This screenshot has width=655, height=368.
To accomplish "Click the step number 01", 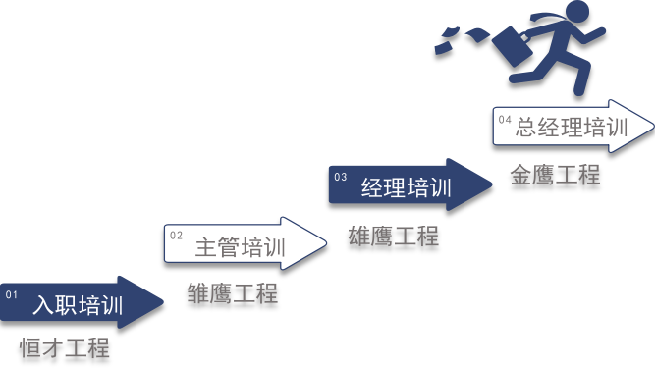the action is pos(11,295).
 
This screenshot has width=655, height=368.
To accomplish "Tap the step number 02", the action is pos(177,236).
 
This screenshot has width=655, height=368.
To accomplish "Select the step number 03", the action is pos(341,177).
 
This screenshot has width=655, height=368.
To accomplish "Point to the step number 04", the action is pos(505,120).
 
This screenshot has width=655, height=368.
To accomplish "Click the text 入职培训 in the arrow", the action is pos(78,304).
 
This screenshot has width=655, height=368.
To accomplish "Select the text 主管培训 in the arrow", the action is pos(241,246).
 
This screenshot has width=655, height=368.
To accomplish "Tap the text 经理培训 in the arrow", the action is pos(407,186).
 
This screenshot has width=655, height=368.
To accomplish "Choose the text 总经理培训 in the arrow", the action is pos(572,127).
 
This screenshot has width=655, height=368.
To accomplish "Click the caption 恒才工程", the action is pos(65,347).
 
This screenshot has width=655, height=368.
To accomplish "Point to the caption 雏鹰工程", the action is pos(233,292).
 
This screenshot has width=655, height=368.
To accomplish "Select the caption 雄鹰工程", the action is pos(394,236).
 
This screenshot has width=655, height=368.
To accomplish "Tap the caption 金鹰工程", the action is pos(555,175).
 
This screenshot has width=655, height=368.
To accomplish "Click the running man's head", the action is pos(576,13).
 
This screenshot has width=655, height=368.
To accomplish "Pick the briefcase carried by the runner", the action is pos(513,46).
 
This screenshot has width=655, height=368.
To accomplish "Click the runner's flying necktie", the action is pos(547,19).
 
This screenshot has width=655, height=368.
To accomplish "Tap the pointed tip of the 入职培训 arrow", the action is pos(163,301).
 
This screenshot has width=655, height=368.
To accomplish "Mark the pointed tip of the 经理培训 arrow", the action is pos(493,184).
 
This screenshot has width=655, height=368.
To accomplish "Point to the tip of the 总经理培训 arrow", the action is pos(653,126).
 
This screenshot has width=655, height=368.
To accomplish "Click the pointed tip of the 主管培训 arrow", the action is pos(326,242).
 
